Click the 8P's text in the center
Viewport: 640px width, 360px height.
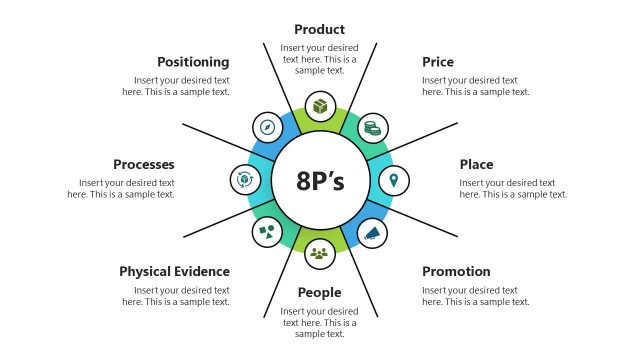point(320,181)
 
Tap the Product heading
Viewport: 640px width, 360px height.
point(320,30)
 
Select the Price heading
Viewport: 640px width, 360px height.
point(438,62)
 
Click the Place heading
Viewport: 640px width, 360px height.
point(476,164)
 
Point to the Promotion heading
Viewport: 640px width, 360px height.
point(456,271)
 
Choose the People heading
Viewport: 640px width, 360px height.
point(320,293)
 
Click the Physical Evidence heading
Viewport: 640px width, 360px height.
point(175,271)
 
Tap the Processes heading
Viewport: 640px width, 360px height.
point(144,164)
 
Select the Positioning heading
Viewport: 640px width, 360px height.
point(193,62)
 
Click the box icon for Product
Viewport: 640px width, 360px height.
point(320,105)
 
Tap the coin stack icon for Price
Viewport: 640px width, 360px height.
point(373,127)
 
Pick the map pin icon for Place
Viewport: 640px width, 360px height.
point(395,180)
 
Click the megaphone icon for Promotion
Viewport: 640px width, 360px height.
point(373,233)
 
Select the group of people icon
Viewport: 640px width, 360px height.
point(320,254)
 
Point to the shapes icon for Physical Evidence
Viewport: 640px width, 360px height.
point(267,232)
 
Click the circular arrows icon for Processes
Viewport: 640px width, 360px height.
point(245,180)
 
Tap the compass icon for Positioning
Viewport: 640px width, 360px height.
point(267,127)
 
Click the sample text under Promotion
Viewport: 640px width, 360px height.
point(476,296)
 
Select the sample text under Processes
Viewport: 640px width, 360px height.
point(121,188)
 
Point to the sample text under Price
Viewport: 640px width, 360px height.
point(476,86)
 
